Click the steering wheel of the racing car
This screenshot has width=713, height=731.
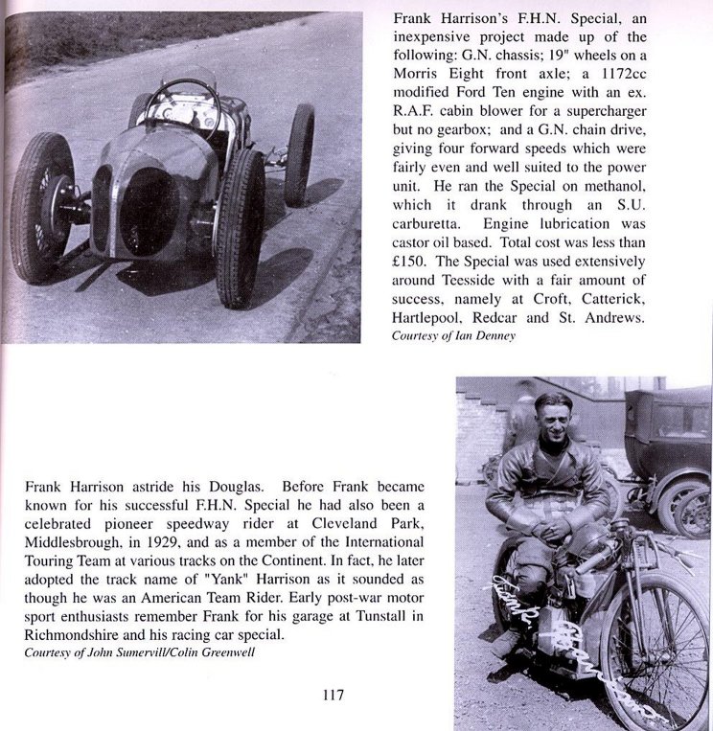click(x=180, y=105)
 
